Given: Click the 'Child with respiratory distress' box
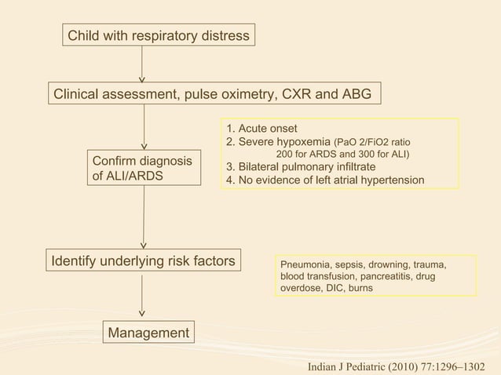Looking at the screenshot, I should (x=159, y=36).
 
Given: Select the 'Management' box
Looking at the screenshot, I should (x=148, y=333).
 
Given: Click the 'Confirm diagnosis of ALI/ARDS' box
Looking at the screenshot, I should (x=142, y=169).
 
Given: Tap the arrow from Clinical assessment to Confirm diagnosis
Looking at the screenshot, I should (x=144, y=126).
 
